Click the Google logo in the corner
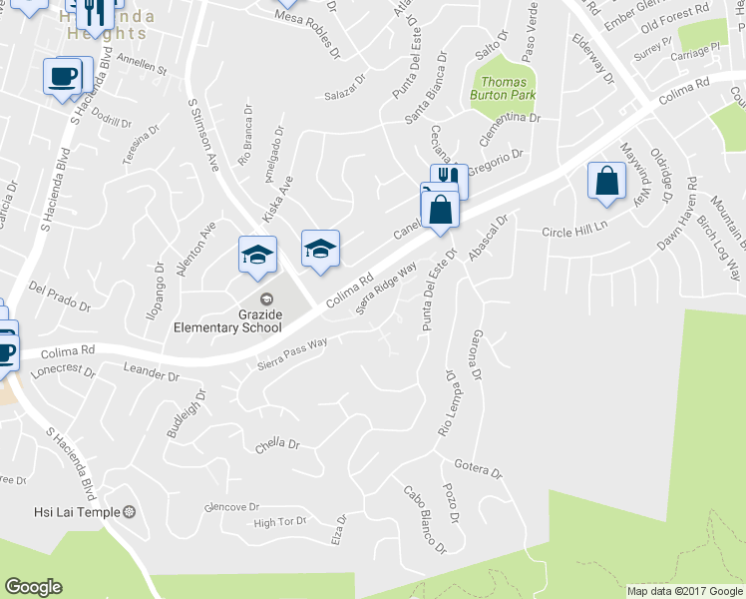click(33, 587)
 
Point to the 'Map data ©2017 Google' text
click(683, 591)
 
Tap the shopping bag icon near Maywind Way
click(606, 182)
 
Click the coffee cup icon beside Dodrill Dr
click(63, 76)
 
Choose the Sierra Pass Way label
click(291, 351)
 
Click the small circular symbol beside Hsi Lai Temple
click(129, 512)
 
